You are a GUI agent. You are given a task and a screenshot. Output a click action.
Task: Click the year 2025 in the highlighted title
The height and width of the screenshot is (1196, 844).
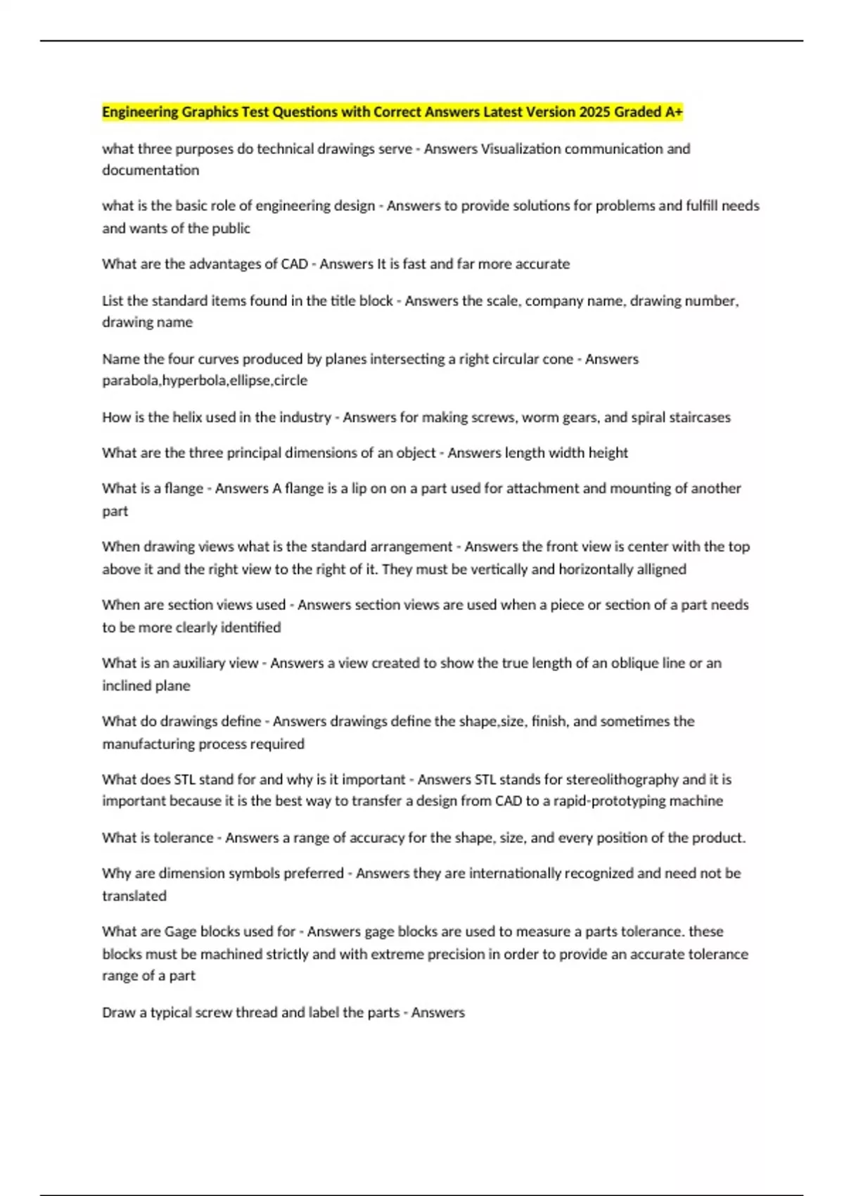click(x=595, y=112)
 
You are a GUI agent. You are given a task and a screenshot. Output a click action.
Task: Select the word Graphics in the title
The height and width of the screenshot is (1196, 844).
click(x=210, y=112)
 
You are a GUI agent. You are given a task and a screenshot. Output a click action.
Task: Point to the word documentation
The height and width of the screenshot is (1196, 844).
click(x=151, y=170)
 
